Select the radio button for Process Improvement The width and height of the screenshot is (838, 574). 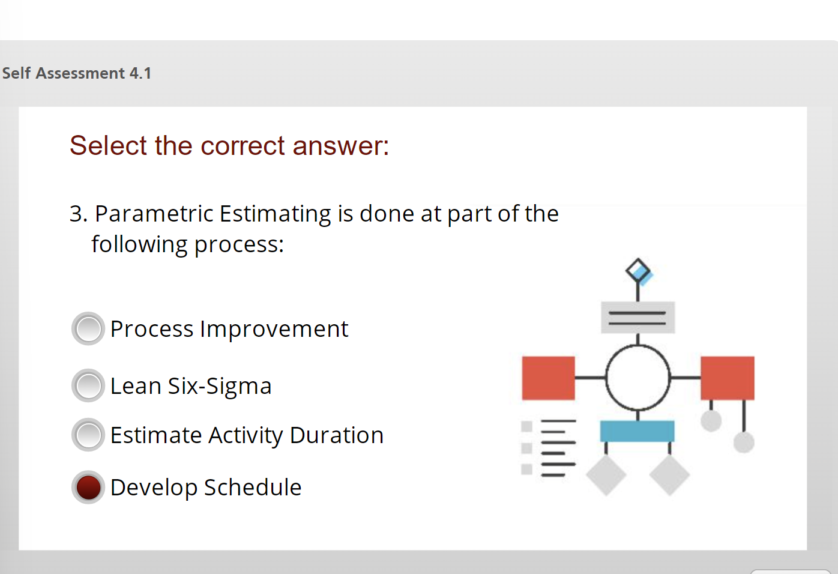click(x=88, y=328)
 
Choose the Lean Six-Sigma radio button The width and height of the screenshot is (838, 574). click(x=88, y=385)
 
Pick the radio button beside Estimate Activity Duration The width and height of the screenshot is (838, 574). click(x=88, y=435)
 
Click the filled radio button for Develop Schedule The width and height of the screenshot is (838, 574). click(x=88, y=487)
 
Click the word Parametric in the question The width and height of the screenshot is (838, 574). click(x=154, y=214)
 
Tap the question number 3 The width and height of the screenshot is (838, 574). click(x=76, y=214)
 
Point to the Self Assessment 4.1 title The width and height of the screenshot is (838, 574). click(x=77, y=73)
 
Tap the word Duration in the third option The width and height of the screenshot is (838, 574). click(x=336, y=435)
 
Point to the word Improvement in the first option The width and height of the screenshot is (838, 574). click(x=274, y=329)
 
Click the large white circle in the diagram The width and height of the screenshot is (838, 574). click(x=638, y=378)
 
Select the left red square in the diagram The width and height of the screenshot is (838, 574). click(x=548, y=378)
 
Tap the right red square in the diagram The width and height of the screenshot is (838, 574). click(x=727, y=378)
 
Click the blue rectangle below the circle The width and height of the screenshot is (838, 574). click(x=637, y=431)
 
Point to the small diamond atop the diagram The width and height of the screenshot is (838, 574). click(x=638, y=271)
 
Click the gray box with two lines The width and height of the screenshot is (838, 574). click(x=638, y=318)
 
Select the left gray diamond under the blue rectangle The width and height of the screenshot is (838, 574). click(x=606, y=475)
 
